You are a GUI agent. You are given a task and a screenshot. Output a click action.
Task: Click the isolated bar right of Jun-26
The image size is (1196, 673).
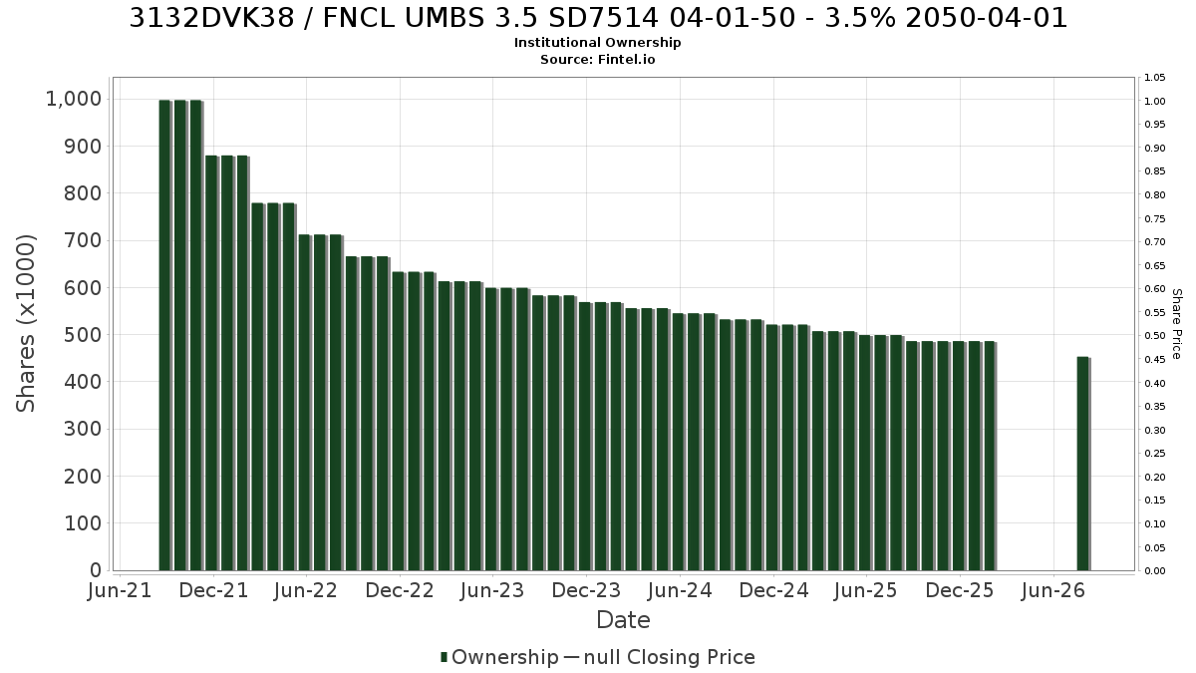(x=1083, y=464)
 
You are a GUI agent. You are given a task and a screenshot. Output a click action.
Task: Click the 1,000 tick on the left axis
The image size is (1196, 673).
(x=74, y=99)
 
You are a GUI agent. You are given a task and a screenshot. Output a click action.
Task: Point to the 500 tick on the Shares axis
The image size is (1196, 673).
(x=83, y=335)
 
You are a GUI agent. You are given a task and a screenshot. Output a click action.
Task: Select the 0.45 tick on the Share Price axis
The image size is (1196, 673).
(x=1154, y=360)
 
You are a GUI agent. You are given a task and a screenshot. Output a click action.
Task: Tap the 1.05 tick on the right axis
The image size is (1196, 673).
(x=1154, y=78)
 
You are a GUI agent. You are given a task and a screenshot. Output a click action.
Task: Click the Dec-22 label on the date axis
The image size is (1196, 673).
(x=400, y=590)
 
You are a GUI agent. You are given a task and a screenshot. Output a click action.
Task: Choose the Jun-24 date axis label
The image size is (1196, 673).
(x=680, y=590)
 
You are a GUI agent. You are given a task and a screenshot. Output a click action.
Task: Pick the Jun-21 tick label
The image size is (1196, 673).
(x=120, y=590)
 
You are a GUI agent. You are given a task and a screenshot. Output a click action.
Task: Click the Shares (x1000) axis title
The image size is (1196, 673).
(x=26, y=324)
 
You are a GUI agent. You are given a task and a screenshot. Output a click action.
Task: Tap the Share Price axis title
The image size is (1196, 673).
(x=1177, y=324)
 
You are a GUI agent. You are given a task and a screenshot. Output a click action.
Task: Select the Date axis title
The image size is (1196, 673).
(x=623, y=620)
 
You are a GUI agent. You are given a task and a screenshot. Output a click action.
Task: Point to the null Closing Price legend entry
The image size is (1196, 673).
(x=660, y=657)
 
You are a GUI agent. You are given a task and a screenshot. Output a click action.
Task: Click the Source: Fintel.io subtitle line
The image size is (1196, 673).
(x=597, y=59)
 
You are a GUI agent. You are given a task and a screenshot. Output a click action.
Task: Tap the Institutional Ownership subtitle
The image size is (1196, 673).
(x=597, y=43)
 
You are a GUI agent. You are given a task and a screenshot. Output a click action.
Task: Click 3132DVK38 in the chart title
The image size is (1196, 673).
(x=212, y=18)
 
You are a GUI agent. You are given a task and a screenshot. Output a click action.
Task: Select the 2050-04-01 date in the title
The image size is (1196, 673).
(x=987, y=18)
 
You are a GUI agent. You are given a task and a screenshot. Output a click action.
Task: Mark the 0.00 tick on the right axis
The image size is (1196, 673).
(x=1154, y=571)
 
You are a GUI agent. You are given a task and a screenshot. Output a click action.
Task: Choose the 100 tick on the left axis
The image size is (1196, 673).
(x=83, y=523)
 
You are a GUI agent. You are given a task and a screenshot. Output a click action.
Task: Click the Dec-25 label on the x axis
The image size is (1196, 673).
(x=960, y=590)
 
